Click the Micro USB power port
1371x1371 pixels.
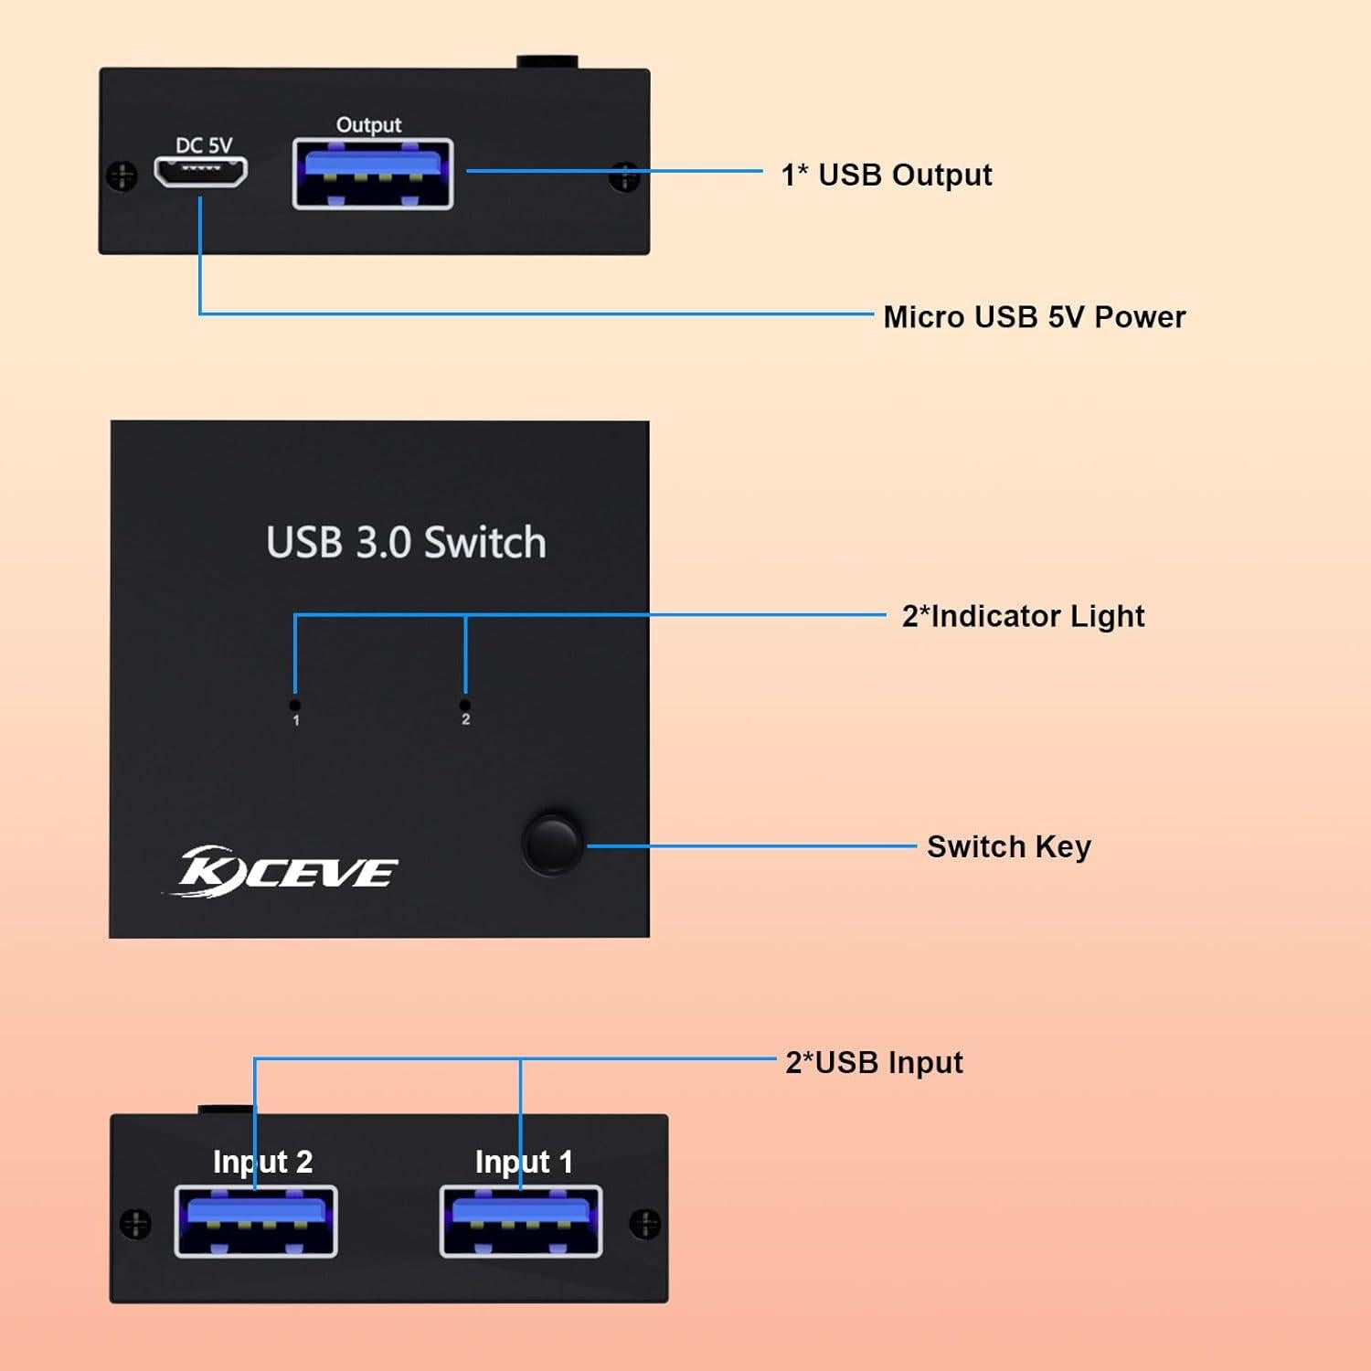pyautogui.click(x=200, y=171)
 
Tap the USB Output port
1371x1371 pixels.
pyautogui.click(x=372, y=174)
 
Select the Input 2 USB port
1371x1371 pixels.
pyautogui.click(x=256, y=1221)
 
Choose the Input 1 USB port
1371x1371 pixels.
pyautogui.click(x=521, y=1221)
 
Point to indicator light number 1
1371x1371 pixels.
pyautogui.click(x=294, y=706)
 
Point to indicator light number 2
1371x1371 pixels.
pyautogui.click(x=465, y=706)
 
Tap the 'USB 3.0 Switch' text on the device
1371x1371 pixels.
pyautogui.click(x=406, y=542)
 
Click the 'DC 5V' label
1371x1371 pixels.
pyautogui.click(x=204, y=145)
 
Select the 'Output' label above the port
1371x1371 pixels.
pyautogui.click(x=368, y=124)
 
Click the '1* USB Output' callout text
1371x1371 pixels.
pyautogui.click(x=886, y=175)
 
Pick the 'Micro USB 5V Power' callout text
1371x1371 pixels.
pyautogui.click(x=1034, y=317)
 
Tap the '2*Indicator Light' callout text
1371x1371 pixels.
pyautogui.click(x=1023, y=616)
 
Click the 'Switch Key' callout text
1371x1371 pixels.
pyautogui.click(x=1008, y=846)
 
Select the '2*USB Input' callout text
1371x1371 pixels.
pyautogui.click(x=874, y=1062)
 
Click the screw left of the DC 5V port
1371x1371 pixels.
pyautogui.click(x=122, y=175)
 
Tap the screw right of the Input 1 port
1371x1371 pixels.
pyautogui.click(x=644, y=1223)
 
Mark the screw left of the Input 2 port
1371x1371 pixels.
pyautogui.click(x=135, y=1223)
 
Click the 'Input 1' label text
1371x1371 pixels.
pyautogui.click(x=524, y=1162)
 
